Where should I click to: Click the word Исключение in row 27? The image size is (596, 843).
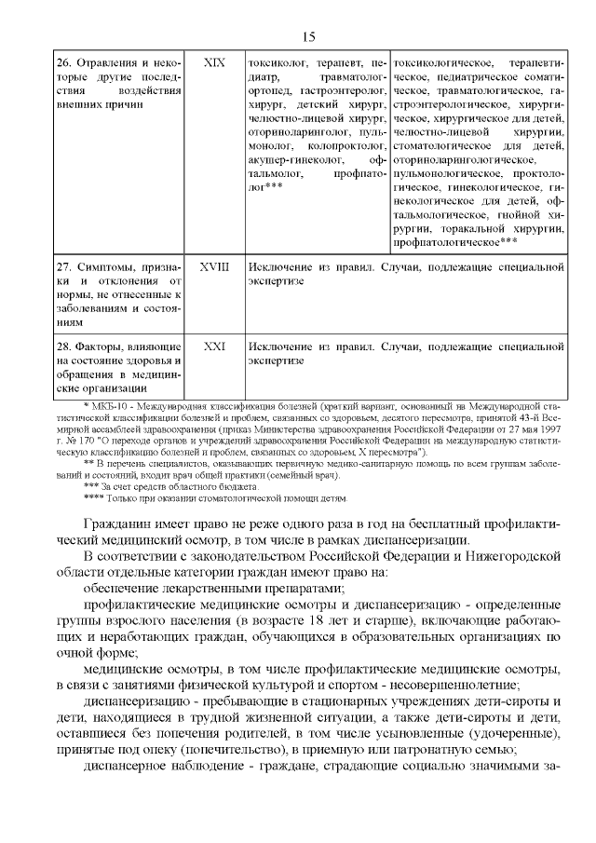283,266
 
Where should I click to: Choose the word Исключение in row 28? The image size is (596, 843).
283,345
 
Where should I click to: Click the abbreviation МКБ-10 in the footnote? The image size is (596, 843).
105,407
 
